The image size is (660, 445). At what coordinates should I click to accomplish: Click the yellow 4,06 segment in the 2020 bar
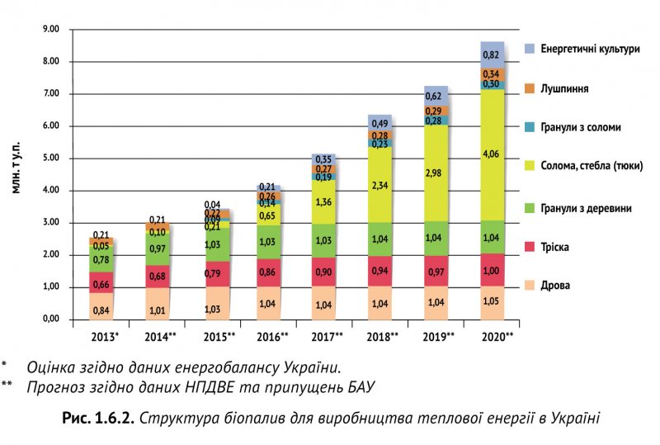point(492,154)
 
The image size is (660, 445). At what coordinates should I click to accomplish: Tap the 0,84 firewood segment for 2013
point(101,310)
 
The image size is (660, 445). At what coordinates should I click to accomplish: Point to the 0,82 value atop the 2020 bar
point(492,54)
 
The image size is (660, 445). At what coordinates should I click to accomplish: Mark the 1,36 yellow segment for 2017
point(324,201)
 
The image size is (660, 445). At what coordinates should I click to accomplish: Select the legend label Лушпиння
point(565,88)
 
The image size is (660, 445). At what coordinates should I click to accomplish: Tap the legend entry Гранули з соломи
point(581,127)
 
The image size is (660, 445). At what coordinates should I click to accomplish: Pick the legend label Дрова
point(555,286)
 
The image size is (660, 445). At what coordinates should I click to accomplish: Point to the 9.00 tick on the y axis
point(51,30)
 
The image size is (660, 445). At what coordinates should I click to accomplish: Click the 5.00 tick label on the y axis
point(51,159)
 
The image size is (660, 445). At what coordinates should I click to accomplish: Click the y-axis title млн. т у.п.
point(16,165)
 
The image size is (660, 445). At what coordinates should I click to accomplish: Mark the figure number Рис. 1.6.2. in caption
point(98,418)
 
